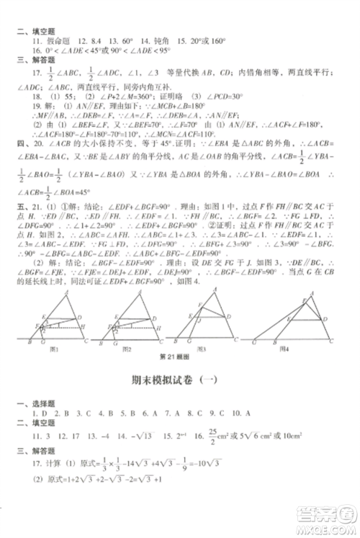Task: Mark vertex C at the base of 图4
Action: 330,342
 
